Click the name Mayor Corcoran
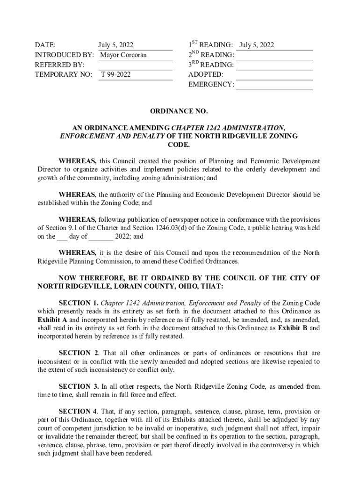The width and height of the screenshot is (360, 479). [x=123, y=55]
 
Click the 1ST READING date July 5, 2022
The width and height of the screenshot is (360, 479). [x=257, y=45]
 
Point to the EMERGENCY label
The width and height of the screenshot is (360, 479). [x=211, y=84]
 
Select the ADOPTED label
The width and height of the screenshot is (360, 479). [x=206, y=74]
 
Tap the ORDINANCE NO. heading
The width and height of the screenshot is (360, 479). [x=178, y=111]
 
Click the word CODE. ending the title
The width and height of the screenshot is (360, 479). [x=178, y=145]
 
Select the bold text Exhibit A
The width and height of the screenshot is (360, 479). [x=52, y=320]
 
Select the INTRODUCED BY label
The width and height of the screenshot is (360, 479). [x=65, y=55]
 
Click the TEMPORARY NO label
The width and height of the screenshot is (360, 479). [x=64, y=74]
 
